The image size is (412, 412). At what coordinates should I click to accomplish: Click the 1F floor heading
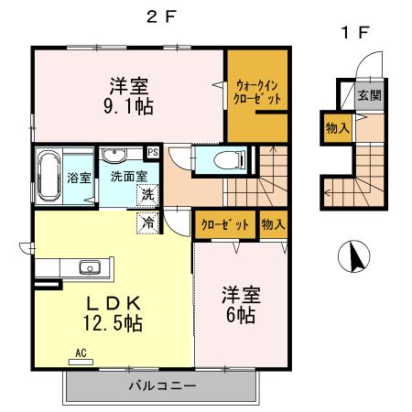[355, 33]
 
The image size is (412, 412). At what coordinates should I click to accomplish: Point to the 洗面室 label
[126, 174]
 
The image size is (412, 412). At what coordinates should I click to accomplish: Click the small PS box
[153, 153]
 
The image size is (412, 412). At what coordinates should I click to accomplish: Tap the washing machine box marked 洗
[146, 194]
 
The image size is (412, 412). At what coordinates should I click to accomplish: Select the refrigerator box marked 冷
[146, 222]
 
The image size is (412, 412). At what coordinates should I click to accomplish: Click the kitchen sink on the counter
[90, 267]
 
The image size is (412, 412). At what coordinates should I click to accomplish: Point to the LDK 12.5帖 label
[114, 311]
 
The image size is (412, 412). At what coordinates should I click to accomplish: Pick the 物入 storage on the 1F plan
[336, 129]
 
